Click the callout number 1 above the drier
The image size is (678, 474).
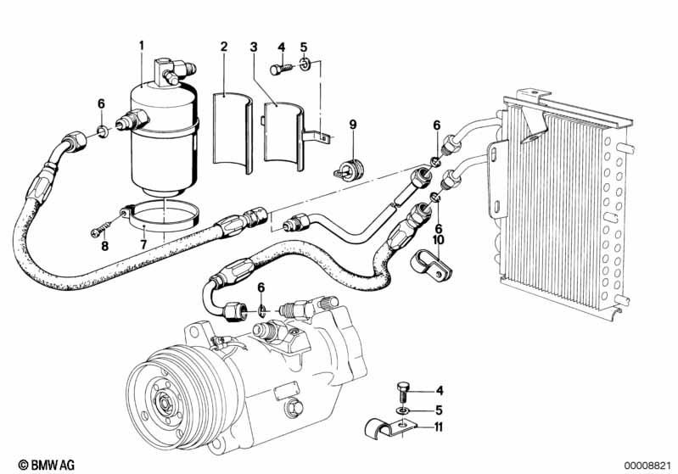tap(142, 45)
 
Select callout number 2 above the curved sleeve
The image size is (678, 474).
tap(223, 47)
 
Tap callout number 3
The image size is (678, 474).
tap(254, 47)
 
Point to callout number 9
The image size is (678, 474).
tap(353, 125)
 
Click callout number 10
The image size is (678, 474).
tap(439, 240)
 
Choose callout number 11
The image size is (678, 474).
tap(439, 427)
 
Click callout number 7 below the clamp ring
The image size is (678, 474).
tap(143, 244)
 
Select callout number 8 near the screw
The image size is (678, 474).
tap(104, 246)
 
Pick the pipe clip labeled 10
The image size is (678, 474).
tap(430, 264)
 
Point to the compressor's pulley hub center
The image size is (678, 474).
tap(165, 404)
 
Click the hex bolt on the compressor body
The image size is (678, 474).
tap(294, 408)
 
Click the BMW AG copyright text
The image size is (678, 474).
tap(47, 465)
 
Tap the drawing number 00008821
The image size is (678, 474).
tap(647, 465)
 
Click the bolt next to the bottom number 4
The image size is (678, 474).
tap(401, 392)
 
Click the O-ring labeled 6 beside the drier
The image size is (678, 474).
tap(103, 131)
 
